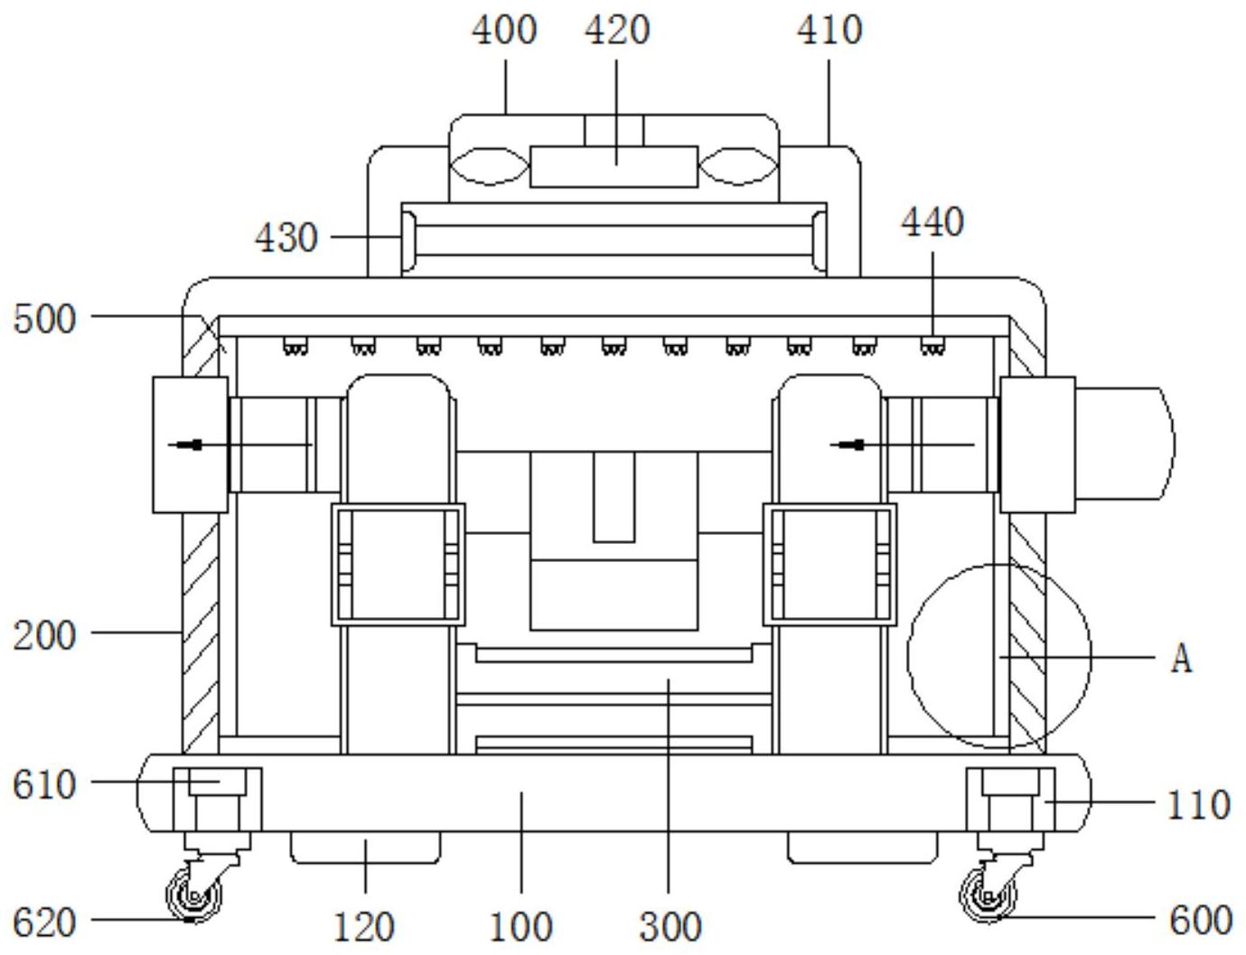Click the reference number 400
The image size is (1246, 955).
504,31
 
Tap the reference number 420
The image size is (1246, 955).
617,31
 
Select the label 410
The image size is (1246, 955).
829,31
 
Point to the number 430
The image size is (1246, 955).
286,238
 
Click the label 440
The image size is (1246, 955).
932,222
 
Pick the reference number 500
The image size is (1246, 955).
44,319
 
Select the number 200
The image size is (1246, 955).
44,636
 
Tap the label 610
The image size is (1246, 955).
44,785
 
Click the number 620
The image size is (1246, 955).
44,922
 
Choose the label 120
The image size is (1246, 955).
364,927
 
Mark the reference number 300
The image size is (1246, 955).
670,927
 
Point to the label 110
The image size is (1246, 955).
1199,805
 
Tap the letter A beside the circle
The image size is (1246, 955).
1181,659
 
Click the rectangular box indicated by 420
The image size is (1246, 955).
614,166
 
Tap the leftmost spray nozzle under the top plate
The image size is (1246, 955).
295,347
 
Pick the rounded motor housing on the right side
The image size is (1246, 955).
1124,443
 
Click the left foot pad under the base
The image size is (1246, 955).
366,847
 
